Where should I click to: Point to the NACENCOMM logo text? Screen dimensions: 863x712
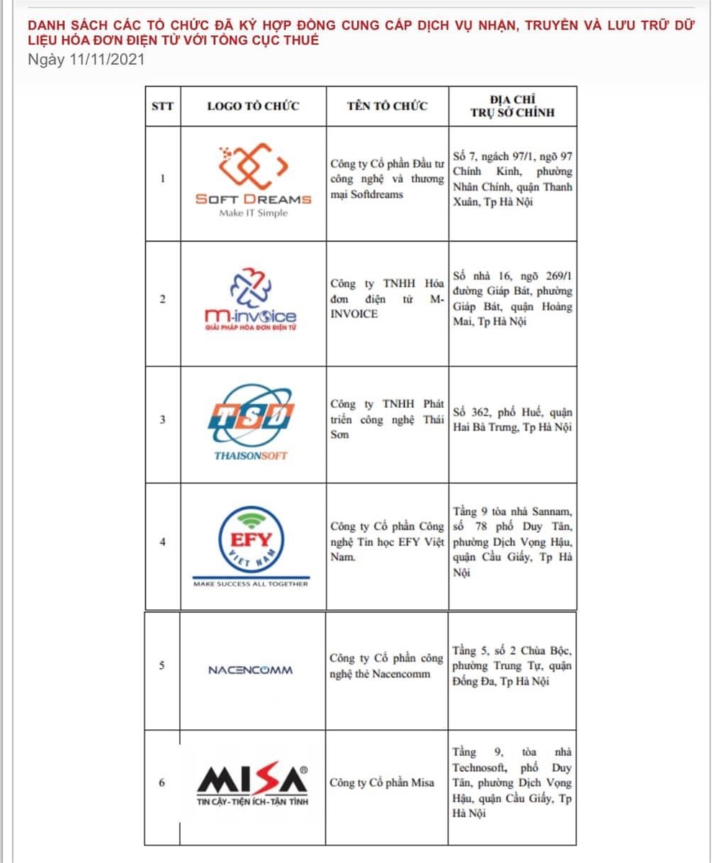click(250, 670)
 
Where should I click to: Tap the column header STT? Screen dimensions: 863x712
click(162, 106)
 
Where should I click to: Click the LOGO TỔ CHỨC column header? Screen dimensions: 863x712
click(253, 106)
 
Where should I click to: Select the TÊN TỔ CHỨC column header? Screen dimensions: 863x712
click(387, 106)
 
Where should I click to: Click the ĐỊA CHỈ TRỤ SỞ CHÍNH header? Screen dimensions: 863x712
click(513, 106)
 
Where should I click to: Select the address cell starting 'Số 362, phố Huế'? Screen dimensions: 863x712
click(513, 420)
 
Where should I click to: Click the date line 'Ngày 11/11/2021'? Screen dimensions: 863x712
click(86, 59)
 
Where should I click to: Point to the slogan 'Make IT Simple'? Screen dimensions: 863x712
click(253, 214)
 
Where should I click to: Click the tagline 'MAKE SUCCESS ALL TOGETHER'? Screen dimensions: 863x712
click(251, 584)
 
